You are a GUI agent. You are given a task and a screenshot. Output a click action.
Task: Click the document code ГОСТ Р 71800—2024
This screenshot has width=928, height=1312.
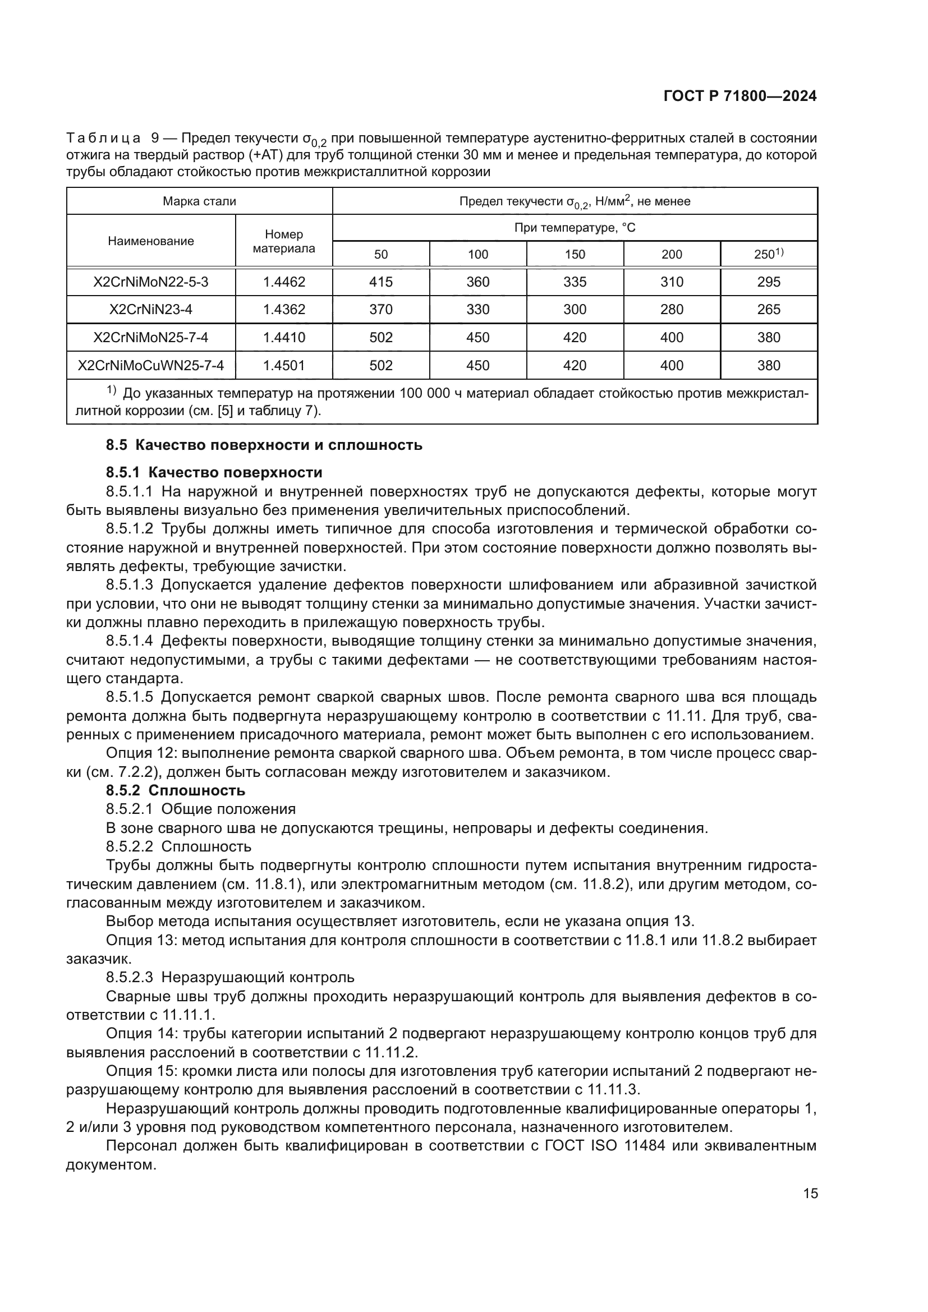click(740, 96)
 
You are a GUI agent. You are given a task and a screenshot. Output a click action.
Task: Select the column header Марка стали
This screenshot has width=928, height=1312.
click(199, 201)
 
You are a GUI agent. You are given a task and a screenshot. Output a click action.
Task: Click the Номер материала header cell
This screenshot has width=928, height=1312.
click(284, 241)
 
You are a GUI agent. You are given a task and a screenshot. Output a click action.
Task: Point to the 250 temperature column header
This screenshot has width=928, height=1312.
click(768, 254)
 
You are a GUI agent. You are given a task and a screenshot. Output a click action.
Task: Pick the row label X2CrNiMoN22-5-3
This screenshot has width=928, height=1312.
click(151, 282)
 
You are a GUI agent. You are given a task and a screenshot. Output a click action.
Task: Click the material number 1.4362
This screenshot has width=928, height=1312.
click(284, 310)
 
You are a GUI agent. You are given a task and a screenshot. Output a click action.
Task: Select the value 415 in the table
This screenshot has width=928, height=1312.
click(380, 282)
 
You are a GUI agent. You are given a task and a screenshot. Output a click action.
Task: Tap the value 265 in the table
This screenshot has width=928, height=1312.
click(769, 310)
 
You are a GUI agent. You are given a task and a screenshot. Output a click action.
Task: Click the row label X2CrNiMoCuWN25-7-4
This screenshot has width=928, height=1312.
click(151, 365)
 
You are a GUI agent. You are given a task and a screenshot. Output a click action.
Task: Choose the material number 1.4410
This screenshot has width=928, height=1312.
click(284, 337)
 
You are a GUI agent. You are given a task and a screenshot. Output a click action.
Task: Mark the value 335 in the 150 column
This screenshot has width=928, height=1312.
click(575, 282)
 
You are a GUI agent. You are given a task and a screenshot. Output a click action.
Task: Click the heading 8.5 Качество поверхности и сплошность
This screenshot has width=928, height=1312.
click(264, 445)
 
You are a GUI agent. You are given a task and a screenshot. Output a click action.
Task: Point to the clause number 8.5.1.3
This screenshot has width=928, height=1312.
click(129, 584)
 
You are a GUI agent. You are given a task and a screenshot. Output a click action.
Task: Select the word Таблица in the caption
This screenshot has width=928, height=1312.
click(103, 139)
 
